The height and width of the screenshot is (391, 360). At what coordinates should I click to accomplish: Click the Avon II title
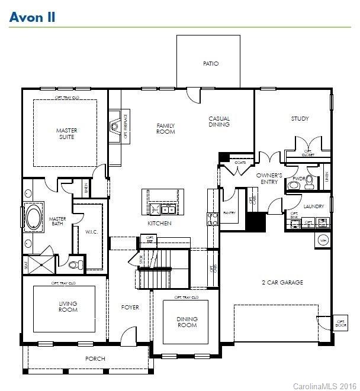[x=33, y=17]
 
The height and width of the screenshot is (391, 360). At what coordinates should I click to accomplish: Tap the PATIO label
[x=210, y=63]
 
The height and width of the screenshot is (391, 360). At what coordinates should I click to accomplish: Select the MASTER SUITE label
[x=66, y=134]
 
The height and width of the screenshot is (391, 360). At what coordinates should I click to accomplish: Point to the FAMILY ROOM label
[x=166, y=128]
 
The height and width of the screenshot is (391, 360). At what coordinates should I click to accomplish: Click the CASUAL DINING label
[x=218, y=121]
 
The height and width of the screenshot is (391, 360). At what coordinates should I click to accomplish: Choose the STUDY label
[x=300, y=119]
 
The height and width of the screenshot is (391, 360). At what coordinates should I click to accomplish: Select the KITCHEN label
[x=160, y=223]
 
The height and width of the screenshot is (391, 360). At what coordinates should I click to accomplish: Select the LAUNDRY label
[x=314, y=206]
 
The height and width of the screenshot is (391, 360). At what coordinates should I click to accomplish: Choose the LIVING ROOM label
[x=68, y=306]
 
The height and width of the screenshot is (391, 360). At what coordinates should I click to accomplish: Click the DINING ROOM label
[x=187, y=322]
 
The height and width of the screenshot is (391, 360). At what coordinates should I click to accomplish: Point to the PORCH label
[x=95, y=358]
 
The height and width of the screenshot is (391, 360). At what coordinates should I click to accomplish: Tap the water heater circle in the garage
[x=323, y=240]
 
